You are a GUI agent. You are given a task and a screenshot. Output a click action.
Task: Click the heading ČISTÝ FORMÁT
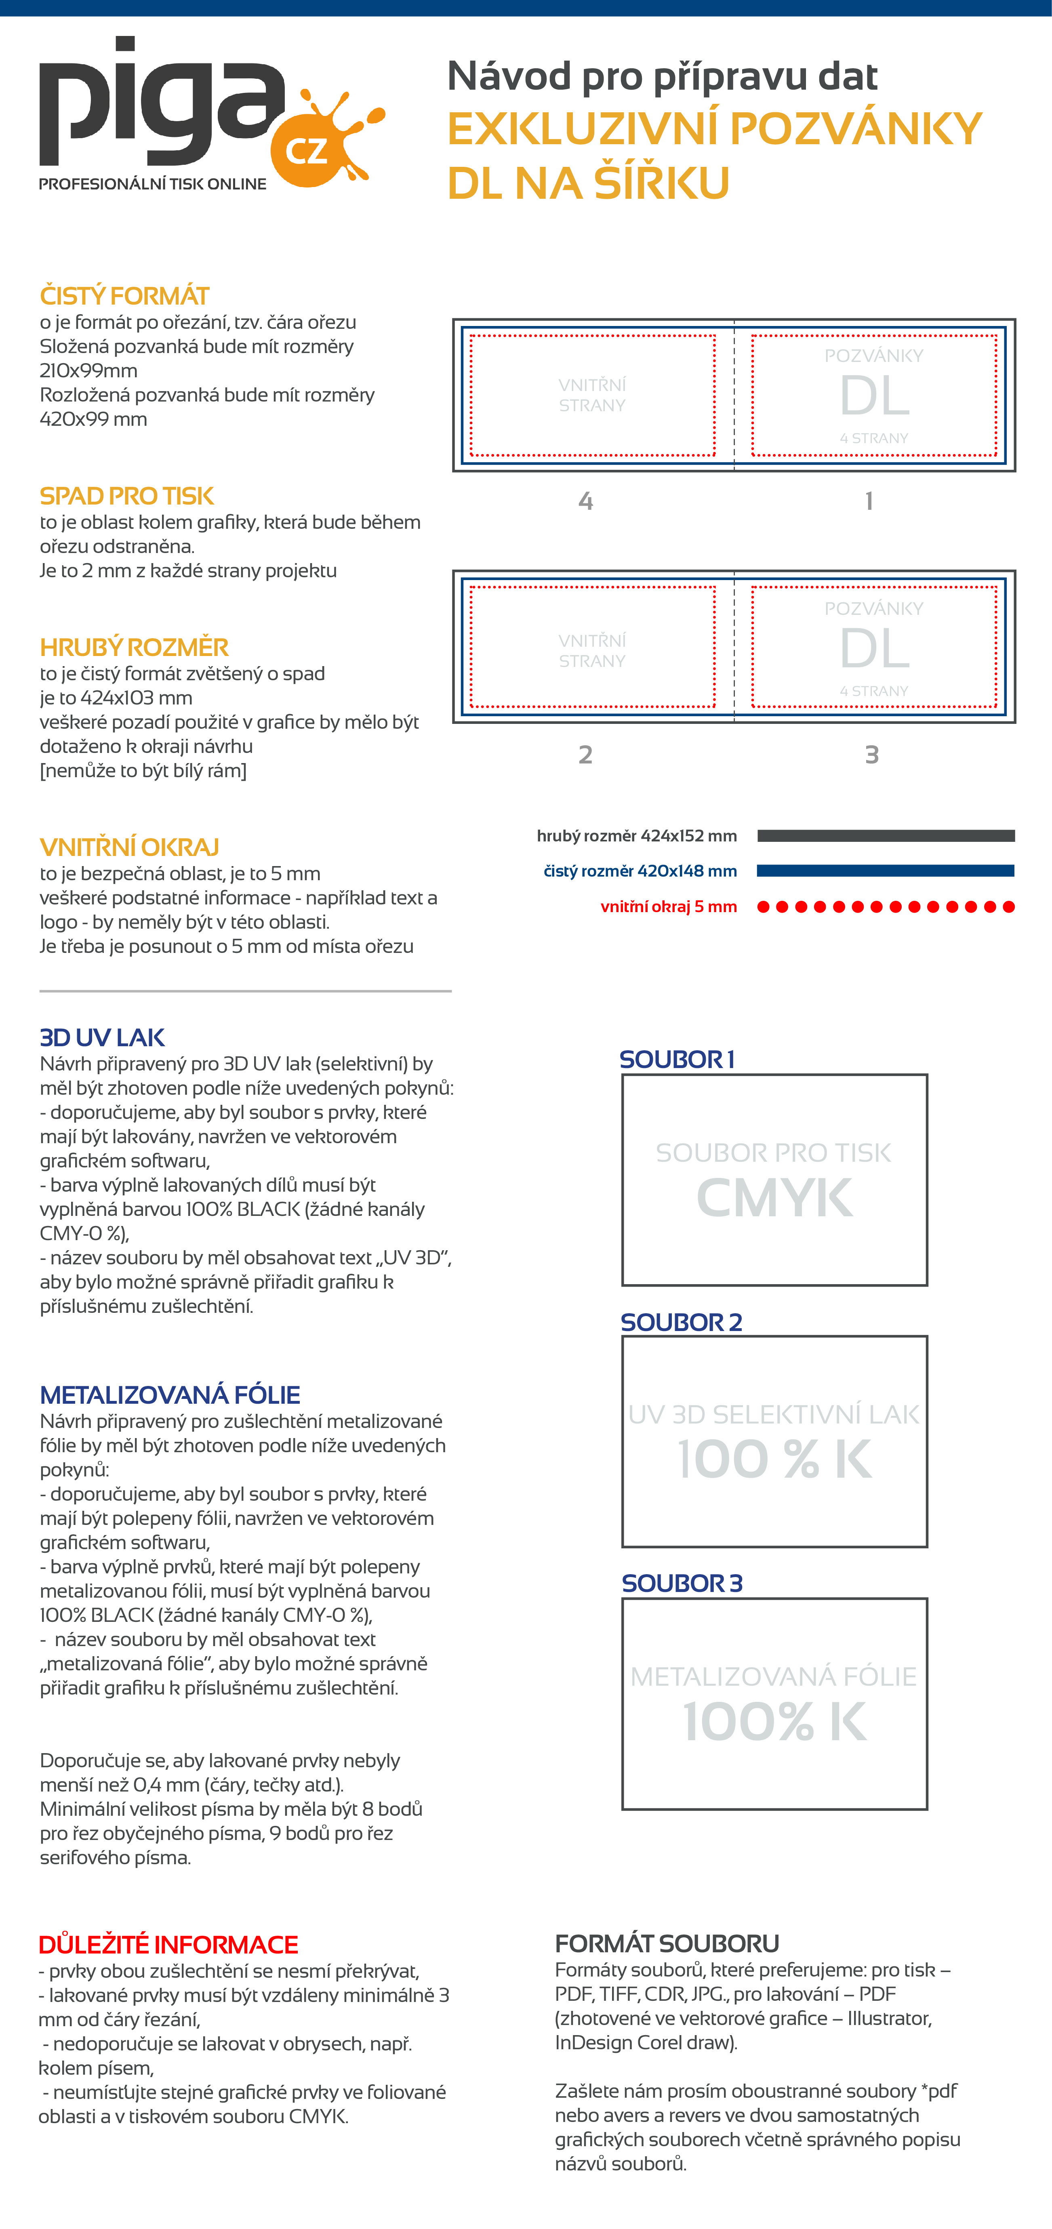click(x=124, y=296)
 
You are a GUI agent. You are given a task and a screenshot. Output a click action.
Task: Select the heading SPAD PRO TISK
click(x=126, y=496)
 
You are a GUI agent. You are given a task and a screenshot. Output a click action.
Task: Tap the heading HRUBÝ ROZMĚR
click(x=134, y=647)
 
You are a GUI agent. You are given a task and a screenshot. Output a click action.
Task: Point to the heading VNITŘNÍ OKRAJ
click(x=129, y=847)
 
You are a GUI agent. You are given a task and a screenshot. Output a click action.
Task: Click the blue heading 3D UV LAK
click(x=102, y=1037)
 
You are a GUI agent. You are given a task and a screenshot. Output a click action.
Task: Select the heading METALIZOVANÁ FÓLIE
click(x=170, y=1395)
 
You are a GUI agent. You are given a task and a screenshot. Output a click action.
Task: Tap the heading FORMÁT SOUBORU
click(x=667, y=1943)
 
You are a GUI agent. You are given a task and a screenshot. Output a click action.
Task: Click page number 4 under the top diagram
click(x=586, y=501)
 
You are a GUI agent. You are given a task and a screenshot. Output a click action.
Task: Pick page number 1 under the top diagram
click(x=869, y=501)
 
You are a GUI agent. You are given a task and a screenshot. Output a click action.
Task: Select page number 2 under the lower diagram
click(x=586, y=755)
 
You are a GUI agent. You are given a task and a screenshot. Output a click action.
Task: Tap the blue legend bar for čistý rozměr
click(x=885, y=871)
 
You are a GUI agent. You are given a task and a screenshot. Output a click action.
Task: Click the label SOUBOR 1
click(x=677, y=1059)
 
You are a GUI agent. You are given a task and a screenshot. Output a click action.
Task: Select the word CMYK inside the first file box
click(x=774, y=1199)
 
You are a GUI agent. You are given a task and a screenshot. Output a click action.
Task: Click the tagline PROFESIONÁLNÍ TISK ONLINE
click(x=153, y=184)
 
